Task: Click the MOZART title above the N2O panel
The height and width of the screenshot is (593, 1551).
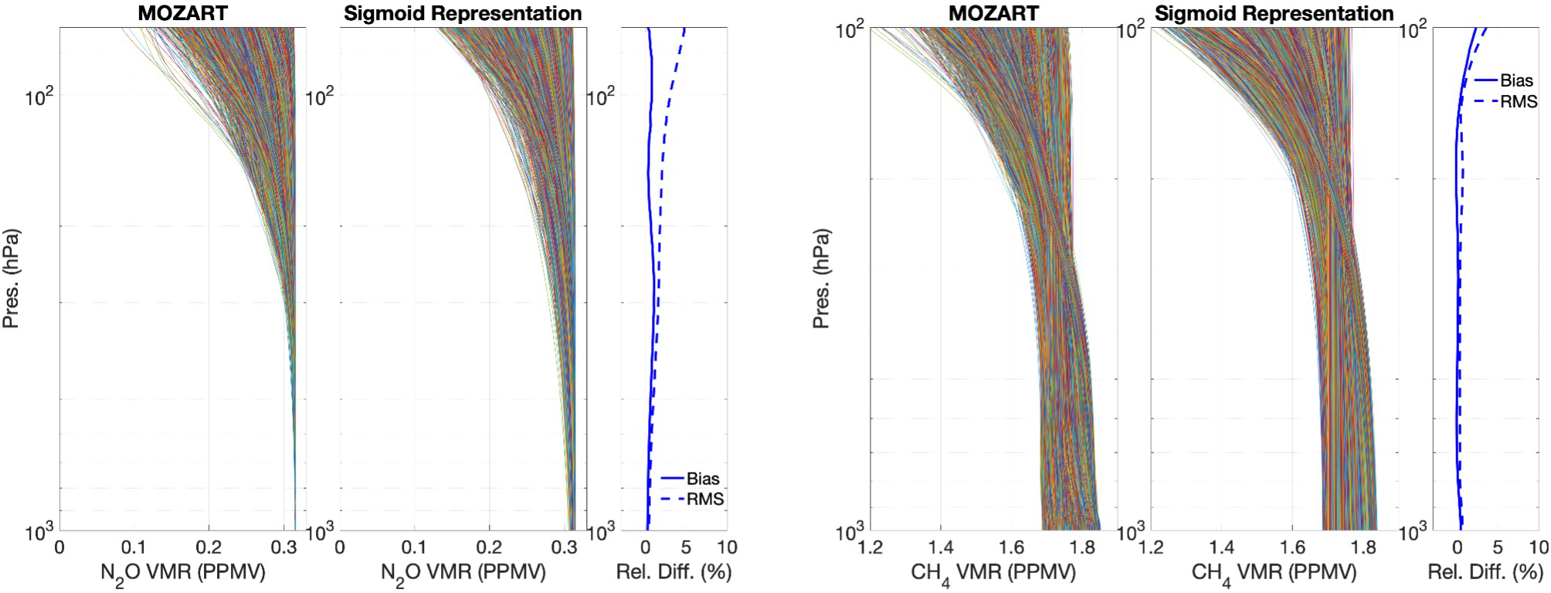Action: click(183, 13)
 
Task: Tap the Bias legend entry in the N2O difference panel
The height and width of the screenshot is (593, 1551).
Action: click(702, 479)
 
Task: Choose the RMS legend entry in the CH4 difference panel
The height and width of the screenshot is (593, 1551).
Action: click(1518, 102)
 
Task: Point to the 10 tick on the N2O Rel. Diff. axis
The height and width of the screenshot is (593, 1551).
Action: click(727, 548)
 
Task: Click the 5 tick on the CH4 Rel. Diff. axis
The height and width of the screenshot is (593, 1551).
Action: click(1498, 548)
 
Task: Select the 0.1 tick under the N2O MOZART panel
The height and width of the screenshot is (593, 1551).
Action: click(134, 548)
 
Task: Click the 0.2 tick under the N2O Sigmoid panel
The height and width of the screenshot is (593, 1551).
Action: click(489, 548)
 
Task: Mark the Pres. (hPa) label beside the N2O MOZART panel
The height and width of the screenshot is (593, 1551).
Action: click(12, 278)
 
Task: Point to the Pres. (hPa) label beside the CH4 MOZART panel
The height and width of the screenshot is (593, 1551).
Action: click(822, 278)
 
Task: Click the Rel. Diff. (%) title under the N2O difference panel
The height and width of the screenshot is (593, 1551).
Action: click(674, 572)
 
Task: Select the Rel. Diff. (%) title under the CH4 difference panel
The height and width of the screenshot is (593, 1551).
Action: click(1485, 572)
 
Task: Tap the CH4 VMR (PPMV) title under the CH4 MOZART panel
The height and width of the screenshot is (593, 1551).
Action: click(993, 573)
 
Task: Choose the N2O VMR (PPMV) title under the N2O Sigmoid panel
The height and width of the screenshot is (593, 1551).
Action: click(463, 573)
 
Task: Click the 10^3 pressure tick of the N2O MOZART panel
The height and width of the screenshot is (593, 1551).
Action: click(39, 531)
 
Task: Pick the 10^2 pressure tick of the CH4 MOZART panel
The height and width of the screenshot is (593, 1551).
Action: click(850, 31)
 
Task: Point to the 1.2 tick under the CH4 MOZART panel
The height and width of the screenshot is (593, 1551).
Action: click(871, 548)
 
